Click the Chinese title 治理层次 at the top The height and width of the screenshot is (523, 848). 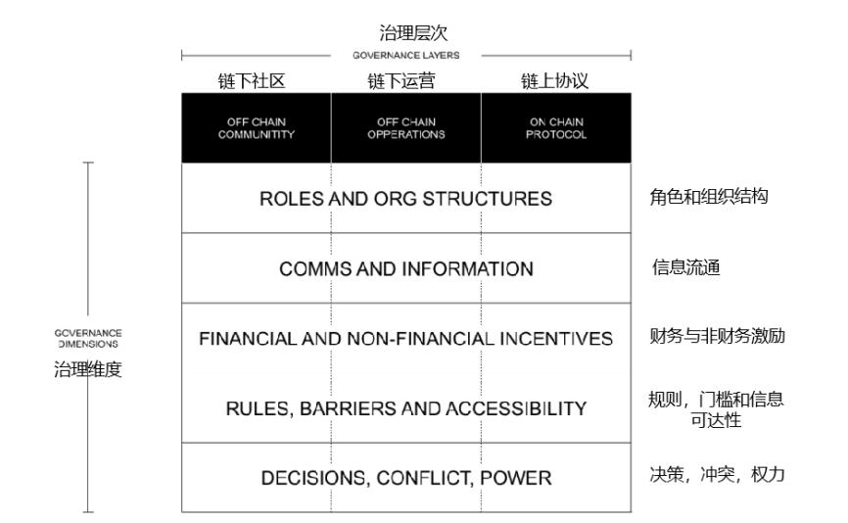pos(413,32)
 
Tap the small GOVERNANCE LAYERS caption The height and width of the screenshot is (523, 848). pos(406,55)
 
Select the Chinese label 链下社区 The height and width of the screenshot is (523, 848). pos(252,81)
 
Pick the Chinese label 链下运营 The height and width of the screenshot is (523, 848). pos(401,81)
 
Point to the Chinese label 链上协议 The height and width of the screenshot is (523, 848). pos(555,81)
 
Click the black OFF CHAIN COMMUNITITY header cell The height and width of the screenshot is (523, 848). pos(257,127)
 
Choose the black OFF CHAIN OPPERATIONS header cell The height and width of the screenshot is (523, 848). pos(406,127)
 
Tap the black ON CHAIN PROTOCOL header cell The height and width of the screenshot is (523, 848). pos(556,127)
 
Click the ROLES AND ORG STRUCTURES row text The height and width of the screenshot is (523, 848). pos(405,199)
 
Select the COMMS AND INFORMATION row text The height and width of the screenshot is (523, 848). pos(406,268)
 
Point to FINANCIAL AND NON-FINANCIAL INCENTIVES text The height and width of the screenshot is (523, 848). pos(405,339)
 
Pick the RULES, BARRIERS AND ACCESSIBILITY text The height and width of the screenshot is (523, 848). pos(406,408)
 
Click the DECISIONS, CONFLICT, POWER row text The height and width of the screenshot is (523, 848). pos(406,478)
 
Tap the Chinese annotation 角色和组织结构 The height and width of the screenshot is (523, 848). pos(709,196)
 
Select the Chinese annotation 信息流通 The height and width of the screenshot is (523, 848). pos(685,267)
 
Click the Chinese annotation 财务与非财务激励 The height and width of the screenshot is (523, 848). pos(717,336)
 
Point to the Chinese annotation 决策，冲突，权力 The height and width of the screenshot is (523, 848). pos(717,474)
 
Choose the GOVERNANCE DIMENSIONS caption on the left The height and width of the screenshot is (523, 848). pos(88,339)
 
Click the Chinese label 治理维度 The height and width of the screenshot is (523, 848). pos(87,369)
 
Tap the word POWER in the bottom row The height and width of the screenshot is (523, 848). pos(516,478)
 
